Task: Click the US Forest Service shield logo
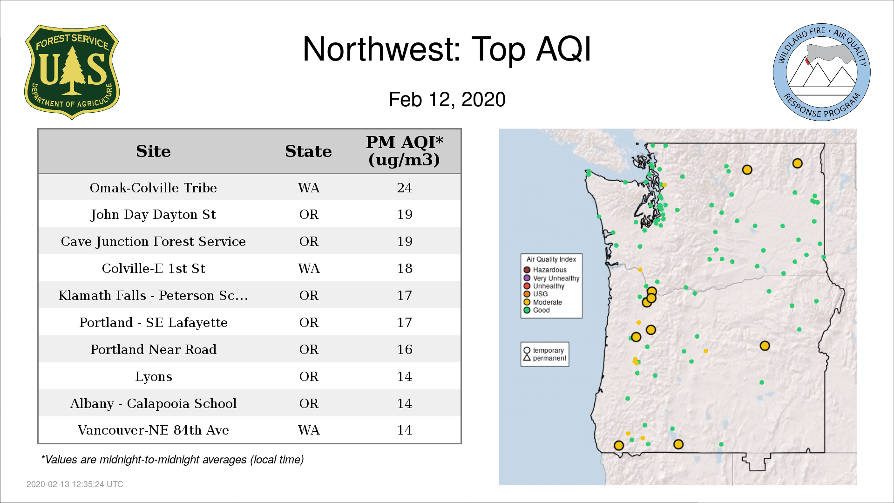click(72, 72)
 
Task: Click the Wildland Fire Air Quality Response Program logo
click(822, 72)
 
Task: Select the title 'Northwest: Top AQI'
click(447, 49)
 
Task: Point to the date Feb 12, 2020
click(447, 100)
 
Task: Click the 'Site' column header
click(153, 151)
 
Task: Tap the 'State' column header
click(308, 151)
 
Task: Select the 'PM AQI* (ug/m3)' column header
click(404, 151)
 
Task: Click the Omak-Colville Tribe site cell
click(153, 188)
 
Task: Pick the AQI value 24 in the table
click(404, 188)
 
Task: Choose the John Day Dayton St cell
click(153, 215)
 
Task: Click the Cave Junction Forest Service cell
click(153, 242)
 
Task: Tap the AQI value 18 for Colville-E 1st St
click(404, 269)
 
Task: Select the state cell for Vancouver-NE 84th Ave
click(309, 430)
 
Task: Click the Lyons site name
click(153, 377)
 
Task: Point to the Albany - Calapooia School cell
click(153, 404)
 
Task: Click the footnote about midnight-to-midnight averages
click(172, 460)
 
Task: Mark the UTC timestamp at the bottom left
click(75, 484)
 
